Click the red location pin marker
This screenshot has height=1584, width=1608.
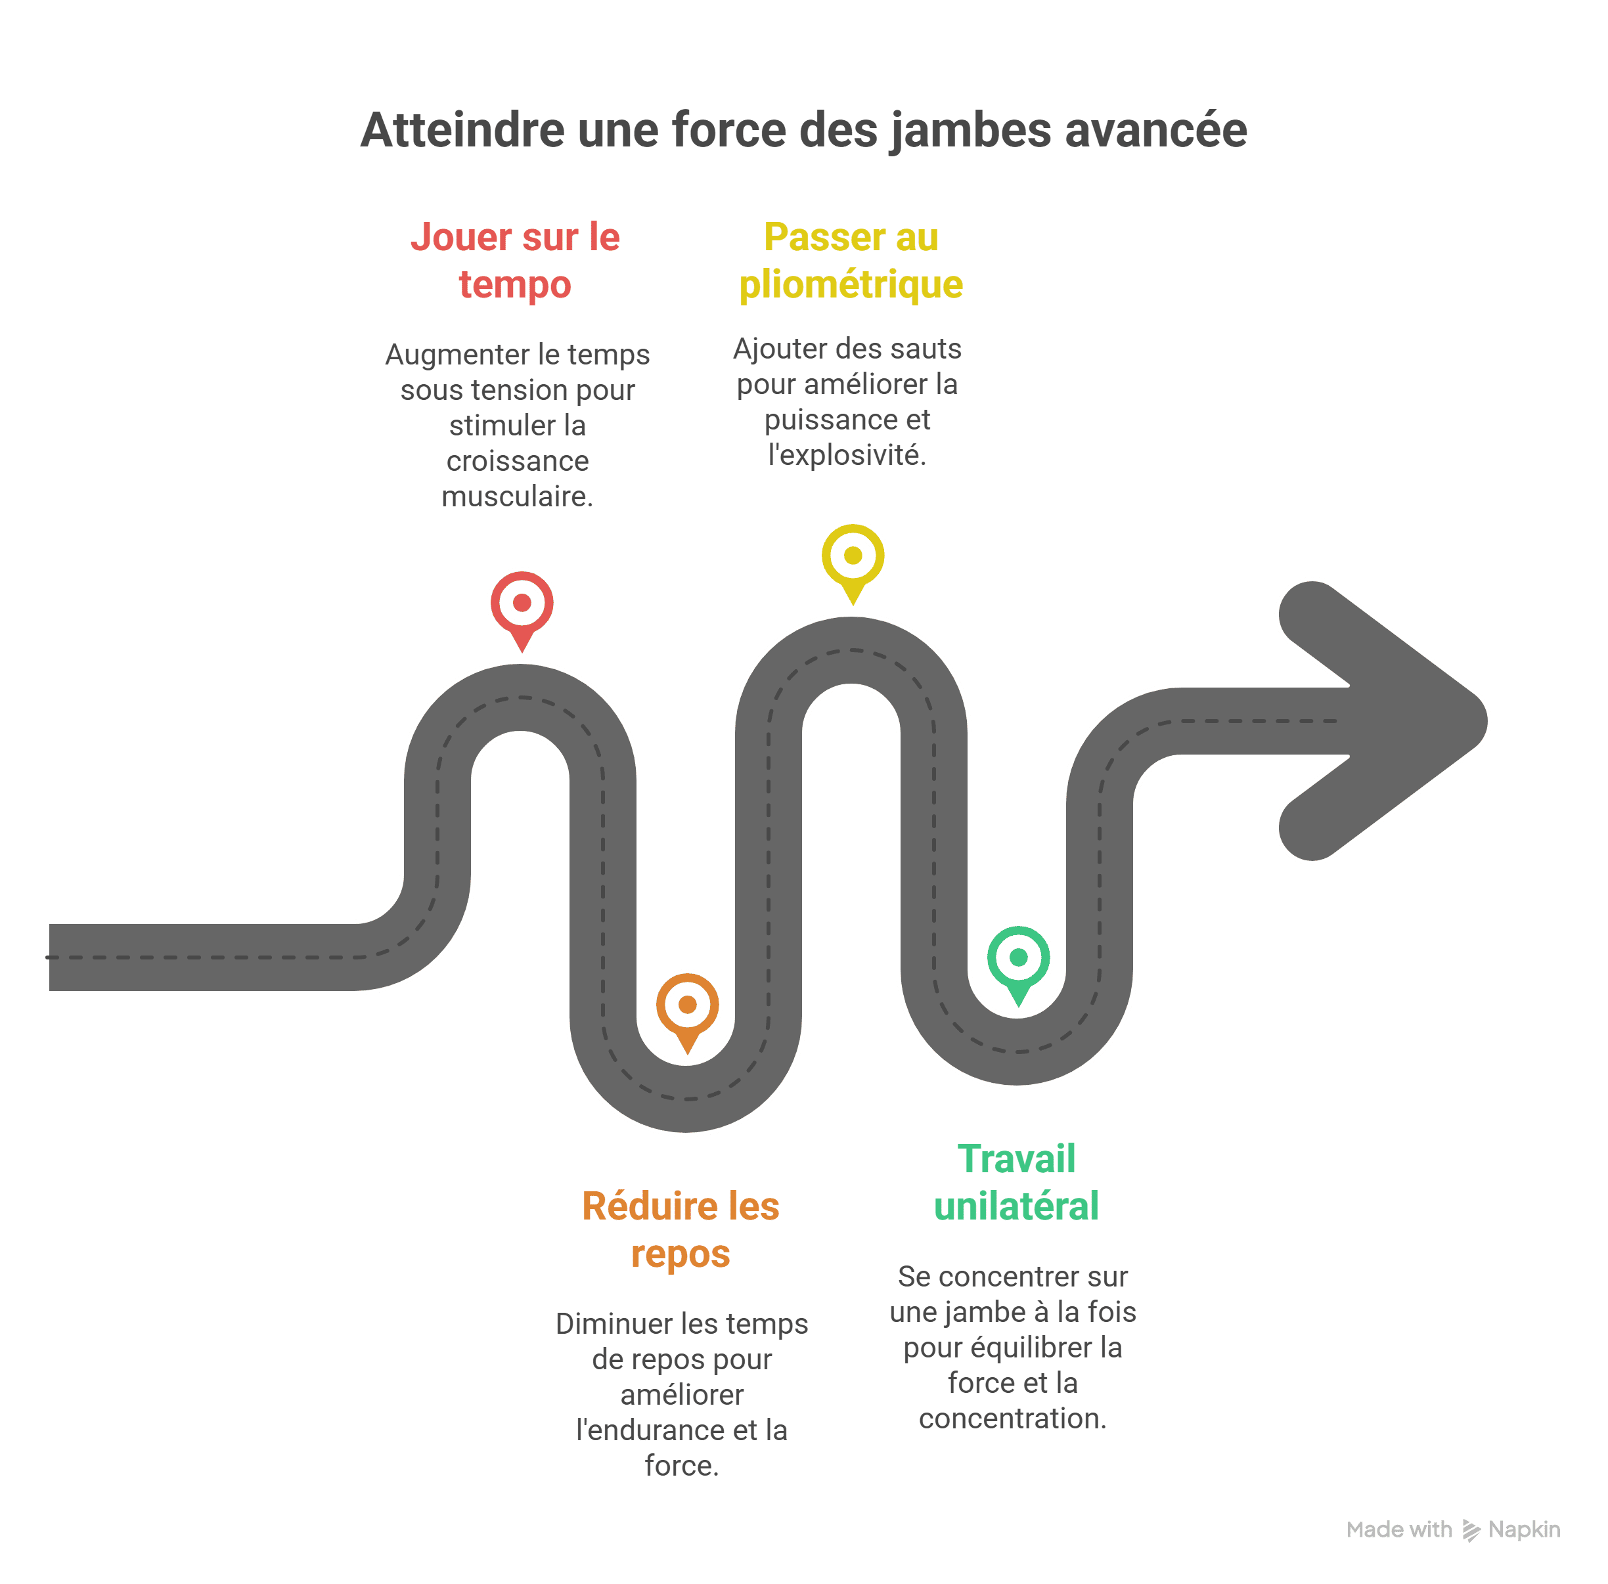pos(522,611)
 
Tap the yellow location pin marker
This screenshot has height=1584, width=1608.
pos(853,564)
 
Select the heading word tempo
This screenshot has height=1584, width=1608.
pos(515,284)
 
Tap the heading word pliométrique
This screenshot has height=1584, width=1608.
pos(851,284)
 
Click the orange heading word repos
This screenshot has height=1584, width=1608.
pos(681,1254)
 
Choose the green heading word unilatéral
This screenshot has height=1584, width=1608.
pos(1016,1206)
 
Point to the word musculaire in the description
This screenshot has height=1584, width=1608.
pos(516,496)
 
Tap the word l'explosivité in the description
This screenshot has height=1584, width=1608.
pos(847,455)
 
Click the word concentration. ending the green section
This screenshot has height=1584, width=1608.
pos(1013,1419)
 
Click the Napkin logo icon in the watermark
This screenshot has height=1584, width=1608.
pos(1471,1531)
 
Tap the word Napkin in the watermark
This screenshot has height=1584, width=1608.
pos(1524,1530)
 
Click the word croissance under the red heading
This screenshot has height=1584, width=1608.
pos(518,461)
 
